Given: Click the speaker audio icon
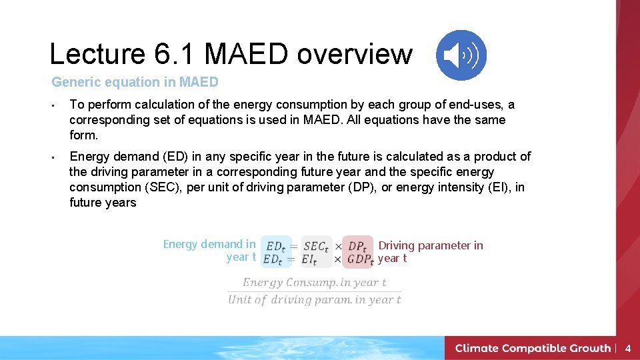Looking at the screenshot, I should click(x=461, y=55).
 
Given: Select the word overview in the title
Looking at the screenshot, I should click(x=355, y=54).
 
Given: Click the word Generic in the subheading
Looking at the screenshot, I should click(x=75, y=83).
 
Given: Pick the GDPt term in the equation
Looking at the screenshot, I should click(x=360, y=259).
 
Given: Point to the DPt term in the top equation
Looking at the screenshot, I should click(x=357, y=246).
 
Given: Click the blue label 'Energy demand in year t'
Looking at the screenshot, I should click(x=209, y=251).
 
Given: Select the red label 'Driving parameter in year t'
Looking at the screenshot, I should click(x=430, y=251).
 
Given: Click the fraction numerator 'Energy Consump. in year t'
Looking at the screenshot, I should click(x=314, y=283).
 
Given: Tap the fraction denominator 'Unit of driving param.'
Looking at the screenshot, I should click(x=314, y=300).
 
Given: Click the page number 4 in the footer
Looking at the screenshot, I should click(x=627, y=348).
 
